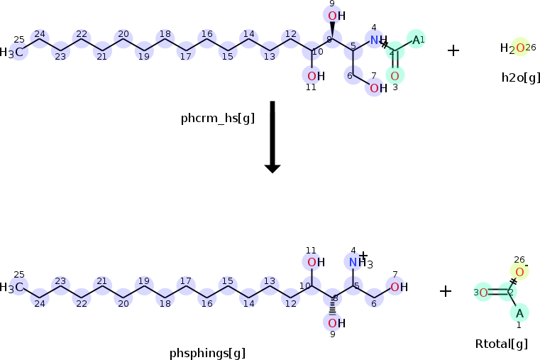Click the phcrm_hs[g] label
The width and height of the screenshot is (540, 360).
coord(217,119)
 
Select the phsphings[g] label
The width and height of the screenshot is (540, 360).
coord(207,353)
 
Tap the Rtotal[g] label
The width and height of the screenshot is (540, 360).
coord(501,344)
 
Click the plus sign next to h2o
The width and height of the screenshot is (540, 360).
coord(453,50)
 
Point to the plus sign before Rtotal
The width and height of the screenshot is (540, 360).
coord(446,290)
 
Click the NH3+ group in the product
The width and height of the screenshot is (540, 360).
coord(359,263)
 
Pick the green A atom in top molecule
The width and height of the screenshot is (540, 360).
coord(417,40)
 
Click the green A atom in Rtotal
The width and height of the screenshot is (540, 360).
coord(519,312)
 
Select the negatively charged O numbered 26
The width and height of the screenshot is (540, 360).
coord(520,273)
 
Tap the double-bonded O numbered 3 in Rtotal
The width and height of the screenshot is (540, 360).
coord(483,293)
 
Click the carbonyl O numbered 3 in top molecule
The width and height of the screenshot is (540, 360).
coord(395,75)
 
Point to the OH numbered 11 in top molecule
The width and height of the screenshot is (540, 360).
coord(315,76)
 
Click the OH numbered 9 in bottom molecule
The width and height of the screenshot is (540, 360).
coord(335,323)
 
